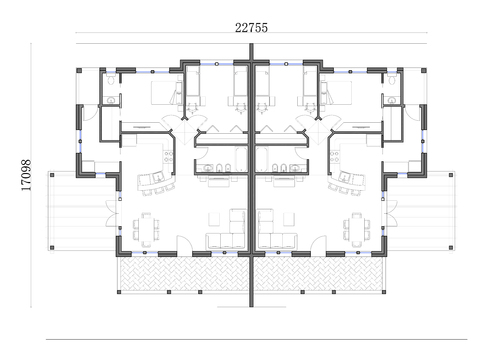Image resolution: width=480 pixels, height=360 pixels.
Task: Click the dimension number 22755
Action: [x=251, y=28]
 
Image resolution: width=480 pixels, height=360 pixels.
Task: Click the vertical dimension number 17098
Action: [x=26, y=175]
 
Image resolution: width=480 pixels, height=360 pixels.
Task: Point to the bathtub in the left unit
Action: [x=241, y=159]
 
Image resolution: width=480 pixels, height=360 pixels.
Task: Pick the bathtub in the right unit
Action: [x=262, y=159]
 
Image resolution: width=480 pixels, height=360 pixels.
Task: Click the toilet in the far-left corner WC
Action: [x=111, y=79]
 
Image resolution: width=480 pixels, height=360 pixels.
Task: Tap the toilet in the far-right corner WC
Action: [x=392, y=79]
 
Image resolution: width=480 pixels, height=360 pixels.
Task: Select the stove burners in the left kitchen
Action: [x=168, y=157]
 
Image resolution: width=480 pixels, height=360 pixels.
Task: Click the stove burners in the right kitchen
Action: [x=335, y=157]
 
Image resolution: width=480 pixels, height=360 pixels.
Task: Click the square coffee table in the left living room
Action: [x=214, y=219]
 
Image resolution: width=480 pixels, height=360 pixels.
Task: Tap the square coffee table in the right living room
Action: [x=289, y=219]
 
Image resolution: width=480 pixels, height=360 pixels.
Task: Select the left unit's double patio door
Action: [x=112, y=214]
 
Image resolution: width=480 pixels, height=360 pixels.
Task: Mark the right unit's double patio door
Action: [x=391, y=214]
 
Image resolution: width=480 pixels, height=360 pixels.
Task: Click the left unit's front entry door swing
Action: [x=184, y=245]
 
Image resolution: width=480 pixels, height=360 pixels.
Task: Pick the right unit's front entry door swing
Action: [x=319, y=245]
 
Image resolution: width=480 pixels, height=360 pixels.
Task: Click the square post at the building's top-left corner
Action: [x=79, y=71]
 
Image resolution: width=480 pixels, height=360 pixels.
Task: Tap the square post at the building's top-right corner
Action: [x=424, y=71]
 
